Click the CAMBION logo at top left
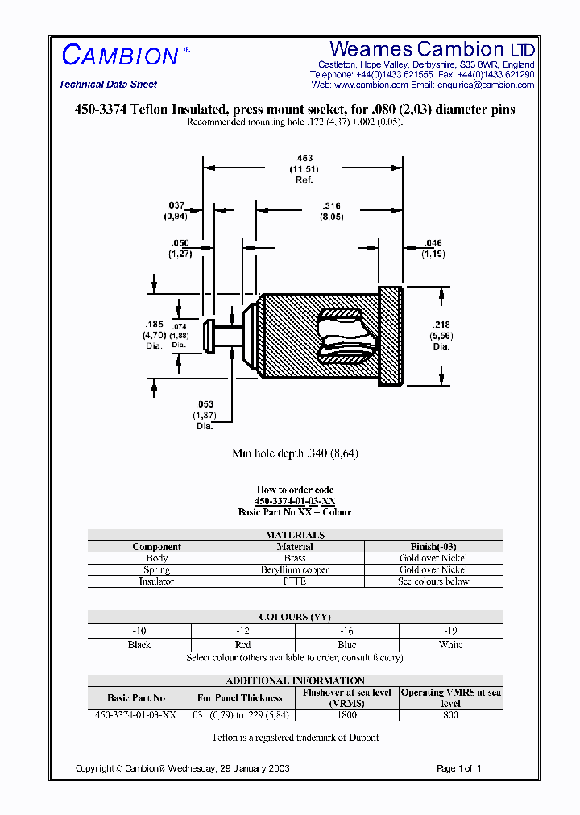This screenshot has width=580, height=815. coord(121,56)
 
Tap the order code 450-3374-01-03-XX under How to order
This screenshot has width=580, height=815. coord(295,501)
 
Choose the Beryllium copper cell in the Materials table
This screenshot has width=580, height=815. coord(295,569)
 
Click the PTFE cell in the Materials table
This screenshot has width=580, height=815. coord(295,581)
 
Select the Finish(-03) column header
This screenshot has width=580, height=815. coord(433,547)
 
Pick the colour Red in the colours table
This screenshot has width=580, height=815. coord(242,645)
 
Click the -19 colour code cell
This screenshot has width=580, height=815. coord(450,631)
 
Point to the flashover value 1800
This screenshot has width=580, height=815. coord(346,714)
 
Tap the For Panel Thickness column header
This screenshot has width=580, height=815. coord(239,698)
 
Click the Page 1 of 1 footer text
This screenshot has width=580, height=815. coord(458,768)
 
